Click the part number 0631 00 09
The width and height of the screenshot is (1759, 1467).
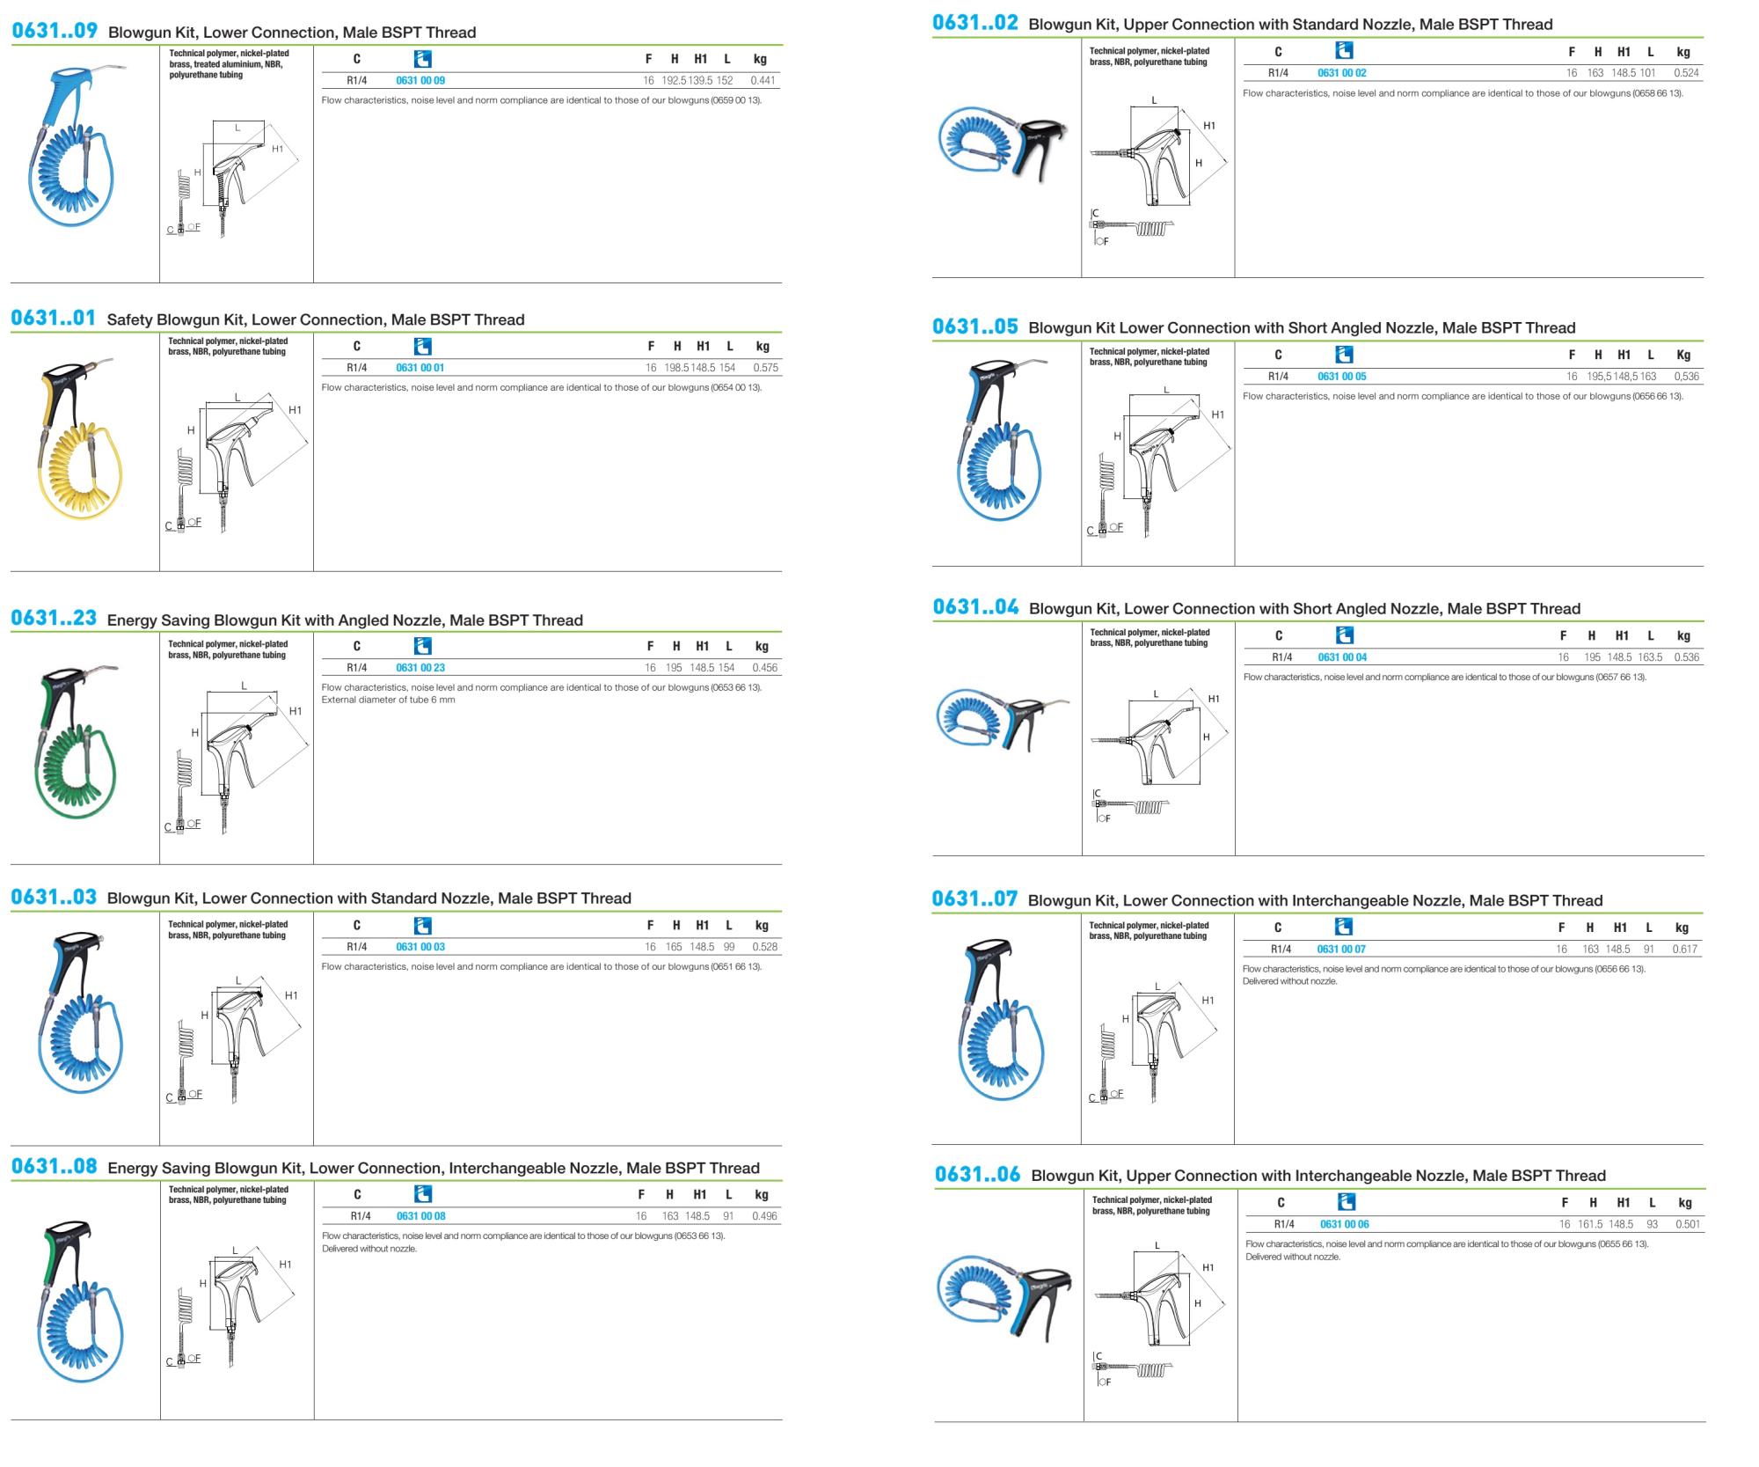[x=420, y=80]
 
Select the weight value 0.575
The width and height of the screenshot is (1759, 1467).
[x=766, y=368]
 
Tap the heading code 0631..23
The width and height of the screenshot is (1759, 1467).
[x=54, y=618]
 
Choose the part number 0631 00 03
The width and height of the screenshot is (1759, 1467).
[x=420, y=947]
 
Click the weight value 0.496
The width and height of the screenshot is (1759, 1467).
[x=765, y=1216]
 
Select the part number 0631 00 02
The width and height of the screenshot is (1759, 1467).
[x=1342, y=73]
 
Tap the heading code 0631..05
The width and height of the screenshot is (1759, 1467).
[x=975, y=326]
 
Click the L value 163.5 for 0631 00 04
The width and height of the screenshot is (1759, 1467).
[x=1650, y=657]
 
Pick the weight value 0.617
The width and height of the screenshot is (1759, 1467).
[x=1685, y=949]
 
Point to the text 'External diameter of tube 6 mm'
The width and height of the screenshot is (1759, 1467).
[x=389, y=700]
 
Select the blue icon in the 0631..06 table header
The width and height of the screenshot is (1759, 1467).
[x=1346, y=1201]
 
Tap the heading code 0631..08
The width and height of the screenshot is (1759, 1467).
[x=54, y=1166]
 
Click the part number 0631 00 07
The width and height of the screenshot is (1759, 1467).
[x=1341, y=949]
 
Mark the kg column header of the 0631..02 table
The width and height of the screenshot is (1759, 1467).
[x=1682, y=52]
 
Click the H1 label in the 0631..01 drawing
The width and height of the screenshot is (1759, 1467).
[x=295, y=410]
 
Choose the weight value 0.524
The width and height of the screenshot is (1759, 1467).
[x=1686, y=73]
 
